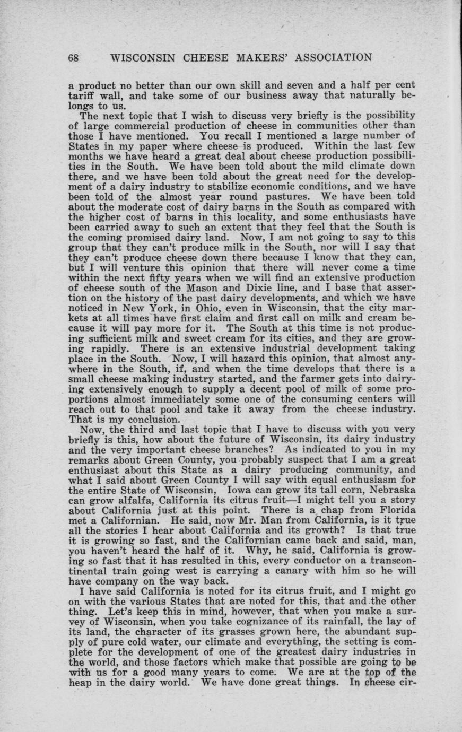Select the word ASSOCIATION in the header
(x=324, y=58)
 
